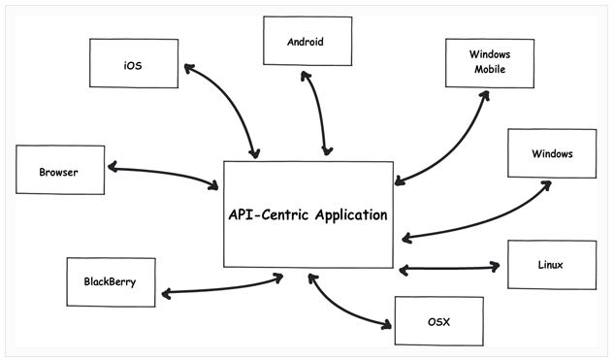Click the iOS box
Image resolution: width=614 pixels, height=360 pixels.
pyautogui.click(x=133, y=63)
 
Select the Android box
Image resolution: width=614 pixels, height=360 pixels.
pyautogui.click(x=307, y=42)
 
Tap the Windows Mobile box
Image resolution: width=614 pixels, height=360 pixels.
pyautogui.click(x=489, y=63)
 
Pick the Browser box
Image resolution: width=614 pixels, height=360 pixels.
pyautogui.click(x=60, y=169)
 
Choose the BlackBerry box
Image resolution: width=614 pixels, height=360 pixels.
pyautogui.click(x=110, y=282)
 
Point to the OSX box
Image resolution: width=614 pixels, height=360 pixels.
pyautogui.click(x=438, y=320)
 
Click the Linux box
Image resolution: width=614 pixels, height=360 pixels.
pyautogui.click(x=551, y=264)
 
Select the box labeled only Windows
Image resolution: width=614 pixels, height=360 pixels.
pyautogui.click(x=552, y=153)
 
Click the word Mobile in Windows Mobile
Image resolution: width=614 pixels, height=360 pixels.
pyautogui.click(x=489, y=71)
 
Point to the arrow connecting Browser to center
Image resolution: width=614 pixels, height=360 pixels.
pyautogui.click(x=163, y=174)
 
